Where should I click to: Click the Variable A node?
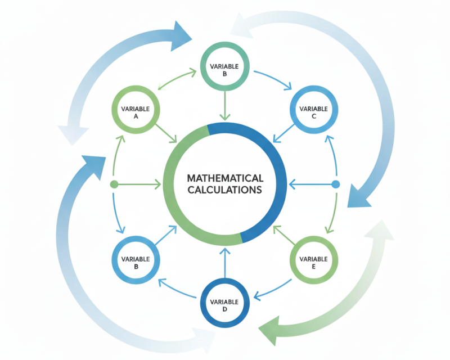[x=136, y=109]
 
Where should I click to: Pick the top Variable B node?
[x=225, y=70]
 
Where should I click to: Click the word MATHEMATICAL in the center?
[x=224, y=178]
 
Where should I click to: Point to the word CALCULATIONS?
[x=224, y=190]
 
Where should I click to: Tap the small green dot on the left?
[x=114, y=184]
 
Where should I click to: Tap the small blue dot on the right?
[x=336, y=184]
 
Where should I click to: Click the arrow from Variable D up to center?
[x=225, y=264]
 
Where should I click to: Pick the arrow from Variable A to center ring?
[x=168, y=133]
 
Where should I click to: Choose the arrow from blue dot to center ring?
[x=309, y=184]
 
